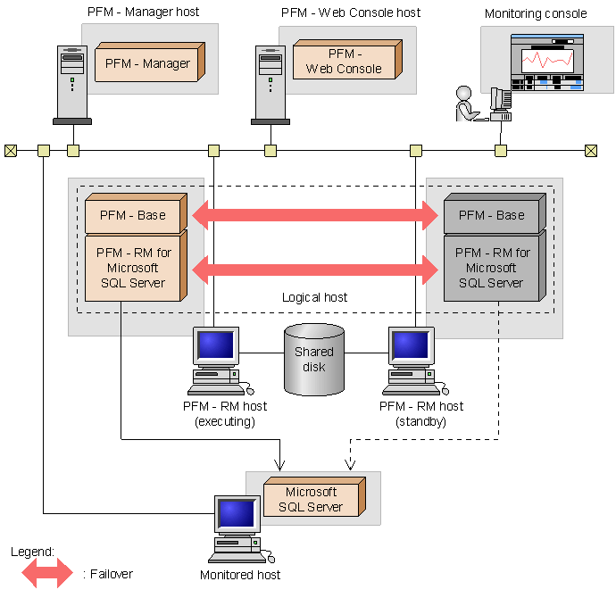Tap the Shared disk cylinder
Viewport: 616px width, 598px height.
(x=314, y=359)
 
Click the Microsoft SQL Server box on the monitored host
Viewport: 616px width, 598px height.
(x=312, y=500)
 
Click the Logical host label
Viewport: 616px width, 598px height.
(x=314, y=296)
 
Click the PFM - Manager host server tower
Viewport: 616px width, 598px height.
(x=72, y=86)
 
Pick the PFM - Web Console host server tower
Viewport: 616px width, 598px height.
(x=271, y=86)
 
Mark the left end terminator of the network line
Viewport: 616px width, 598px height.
(x=11, y=151)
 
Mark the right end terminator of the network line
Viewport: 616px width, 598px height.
(x=591, y=151)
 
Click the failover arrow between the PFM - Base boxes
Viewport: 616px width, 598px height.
(x=314, y=215)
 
